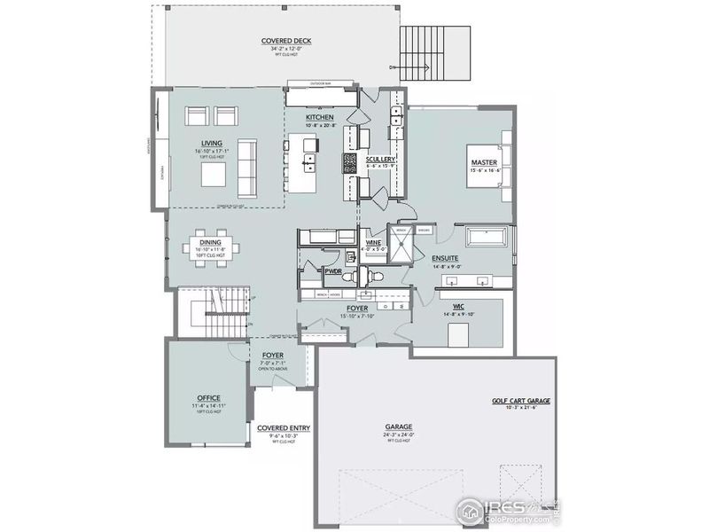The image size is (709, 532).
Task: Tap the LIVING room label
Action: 211,143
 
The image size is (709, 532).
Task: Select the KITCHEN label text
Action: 319,117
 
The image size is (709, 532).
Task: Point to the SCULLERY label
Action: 379,159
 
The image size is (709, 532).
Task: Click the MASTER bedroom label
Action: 483,162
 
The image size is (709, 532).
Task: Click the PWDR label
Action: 333,273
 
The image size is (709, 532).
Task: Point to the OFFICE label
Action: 209,398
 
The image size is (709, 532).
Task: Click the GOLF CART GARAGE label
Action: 521,400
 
